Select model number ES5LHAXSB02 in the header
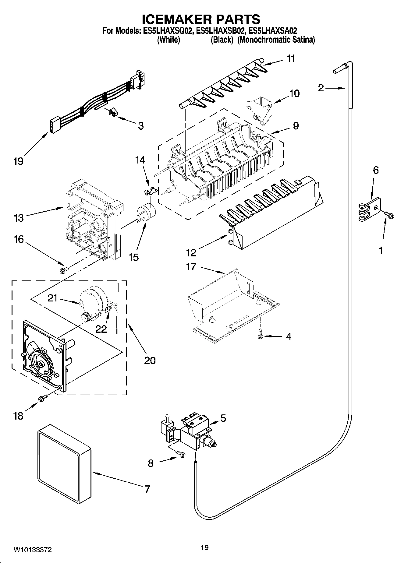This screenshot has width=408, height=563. coord(221,31)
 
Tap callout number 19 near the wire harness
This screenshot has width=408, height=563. coord(18,161)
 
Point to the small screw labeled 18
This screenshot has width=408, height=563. coord(43,397)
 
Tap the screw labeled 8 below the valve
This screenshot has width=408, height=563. coord(181,455)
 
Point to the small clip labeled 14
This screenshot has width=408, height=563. coord(150,191)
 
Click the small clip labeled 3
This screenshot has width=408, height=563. coord(113,112)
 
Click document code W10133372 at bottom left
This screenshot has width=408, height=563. coord(32,550)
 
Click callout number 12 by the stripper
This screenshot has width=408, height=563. coord(191,252)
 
